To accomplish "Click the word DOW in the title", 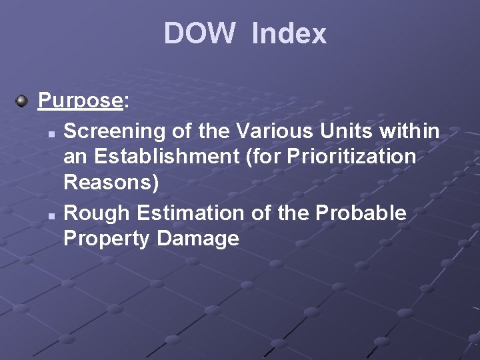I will [199, 33].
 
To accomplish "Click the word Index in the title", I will [289, 33].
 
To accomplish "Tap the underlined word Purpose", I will [79, 101].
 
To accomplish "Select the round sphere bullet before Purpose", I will [22, 101].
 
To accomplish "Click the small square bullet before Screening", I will [51, 133].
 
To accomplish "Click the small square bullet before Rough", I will [51, 215].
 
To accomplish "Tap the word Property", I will [107, 239].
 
